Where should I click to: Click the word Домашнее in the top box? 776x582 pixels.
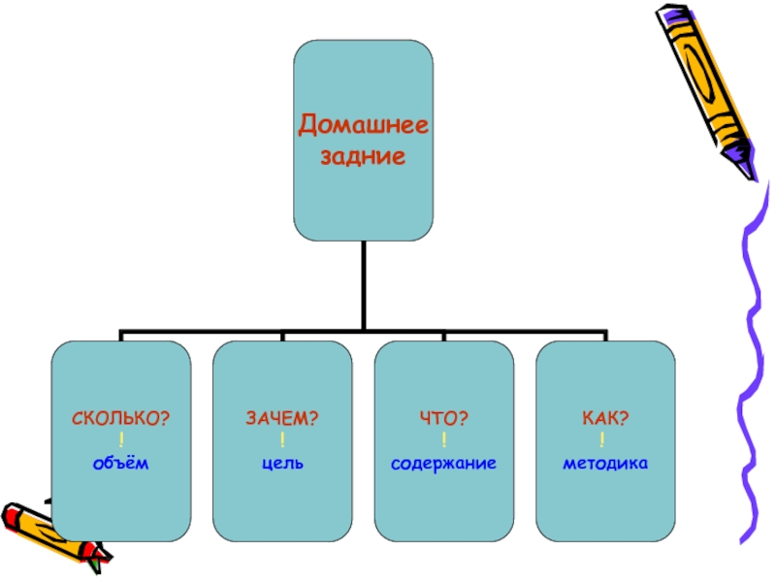point(364,125)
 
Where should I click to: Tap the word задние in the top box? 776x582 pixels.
point(364,155)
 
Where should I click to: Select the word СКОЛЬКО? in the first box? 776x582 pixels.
point(121,417)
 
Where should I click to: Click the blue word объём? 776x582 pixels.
point(121,464)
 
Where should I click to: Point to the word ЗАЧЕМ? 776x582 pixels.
point(282,417)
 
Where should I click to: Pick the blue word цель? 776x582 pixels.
point(282,464)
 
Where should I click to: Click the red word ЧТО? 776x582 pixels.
point(443,417)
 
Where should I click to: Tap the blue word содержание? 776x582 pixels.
point(443,464)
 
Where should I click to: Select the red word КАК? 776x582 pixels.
point(604,417)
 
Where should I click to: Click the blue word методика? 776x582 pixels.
point(604,464)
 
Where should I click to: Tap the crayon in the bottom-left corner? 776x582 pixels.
point(48,529)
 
